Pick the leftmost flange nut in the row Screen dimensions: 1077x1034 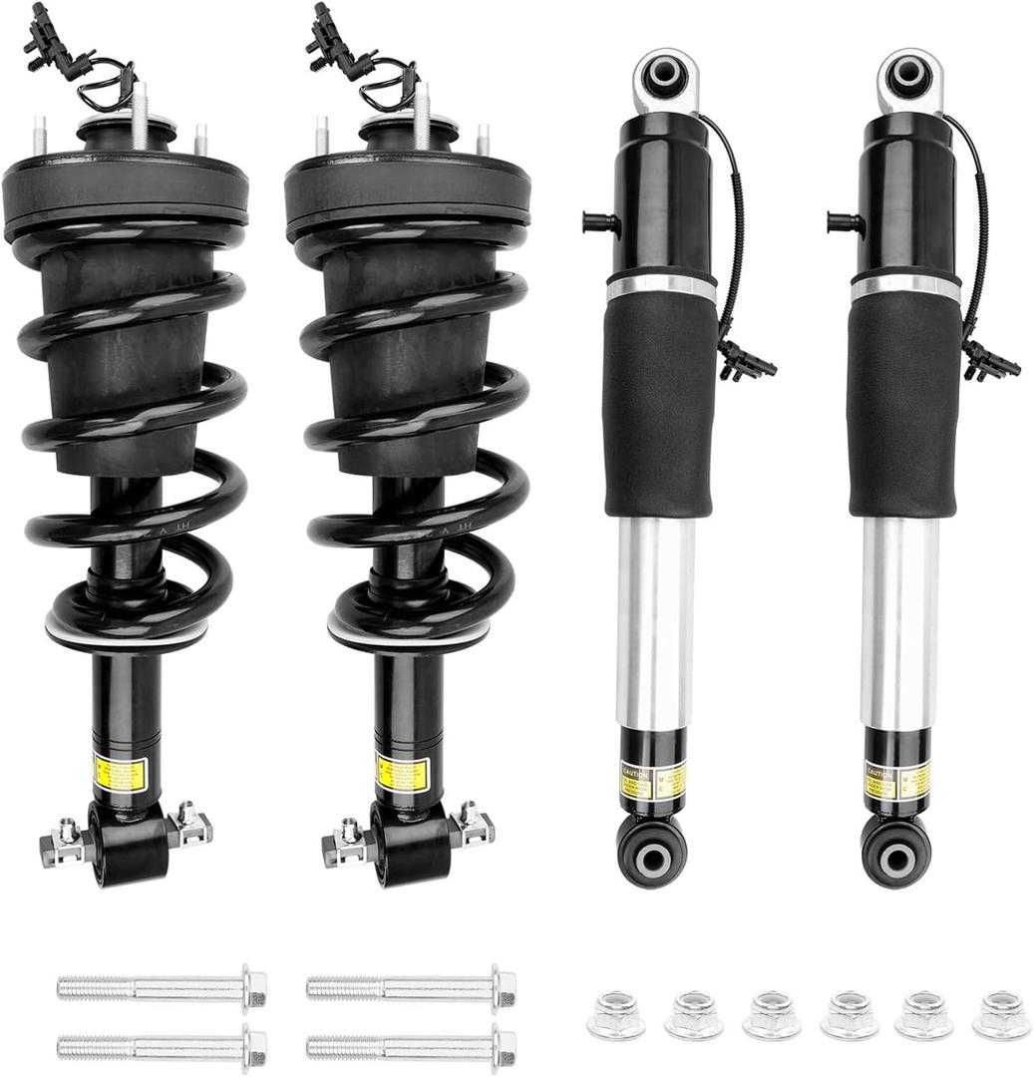(615, 1014)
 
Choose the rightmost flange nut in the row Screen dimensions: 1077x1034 (1001, 1014)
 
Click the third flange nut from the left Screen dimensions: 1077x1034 (771, 1014)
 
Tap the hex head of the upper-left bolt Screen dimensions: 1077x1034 (255, 987)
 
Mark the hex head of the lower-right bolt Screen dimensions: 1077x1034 (505, 1046)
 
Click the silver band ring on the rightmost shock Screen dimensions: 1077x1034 (905, 286)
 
